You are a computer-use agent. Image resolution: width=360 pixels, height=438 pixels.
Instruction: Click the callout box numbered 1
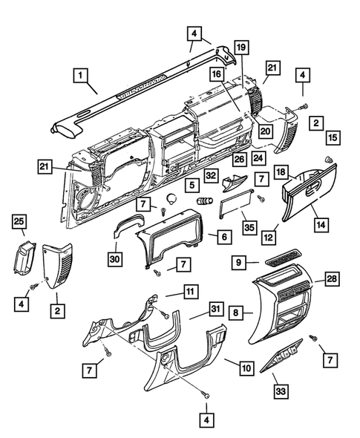80,75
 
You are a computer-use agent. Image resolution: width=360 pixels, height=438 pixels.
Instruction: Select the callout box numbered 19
241,48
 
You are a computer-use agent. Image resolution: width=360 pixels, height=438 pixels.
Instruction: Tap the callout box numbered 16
217,74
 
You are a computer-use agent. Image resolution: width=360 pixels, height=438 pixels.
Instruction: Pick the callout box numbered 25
19,221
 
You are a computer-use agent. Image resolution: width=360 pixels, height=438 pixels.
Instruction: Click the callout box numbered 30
115,259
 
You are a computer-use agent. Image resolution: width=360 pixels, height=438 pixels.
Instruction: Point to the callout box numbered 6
224,237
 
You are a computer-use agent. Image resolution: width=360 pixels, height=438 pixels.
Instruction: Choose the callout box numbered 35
249,227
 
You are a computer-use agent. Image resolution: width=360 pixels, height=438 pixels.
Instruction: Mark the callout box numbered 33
281,390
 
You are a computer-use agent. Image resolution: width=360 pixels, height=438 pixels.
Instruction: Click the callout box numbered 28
332,278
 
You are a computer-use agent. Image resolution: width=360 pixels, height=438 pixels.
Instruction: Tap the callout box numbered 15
333,138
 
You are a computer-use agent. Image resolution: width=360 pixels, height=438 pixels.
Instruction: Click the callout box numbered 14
321,224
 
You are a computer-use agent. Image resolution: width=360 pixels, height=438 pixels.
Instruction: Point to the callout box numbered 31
216,309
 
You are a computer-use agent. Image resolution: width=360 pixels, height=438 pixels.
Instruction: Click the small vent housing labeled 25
24,258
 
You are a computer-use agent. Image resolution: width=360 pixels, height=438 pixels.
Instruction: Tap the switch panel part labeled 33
281,356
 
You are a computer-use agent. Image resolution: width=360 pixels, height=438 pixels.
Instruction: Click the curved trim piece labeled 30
130,223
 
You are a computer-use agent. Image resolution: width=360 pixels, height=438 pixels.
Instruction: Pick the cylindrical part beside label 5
205,200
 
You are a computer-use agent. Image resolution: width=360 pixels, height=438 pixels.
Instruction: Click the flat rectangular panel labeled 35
237,204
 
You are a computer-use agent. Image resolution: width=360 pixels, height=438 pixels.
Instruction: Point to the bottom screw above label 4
206,395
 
